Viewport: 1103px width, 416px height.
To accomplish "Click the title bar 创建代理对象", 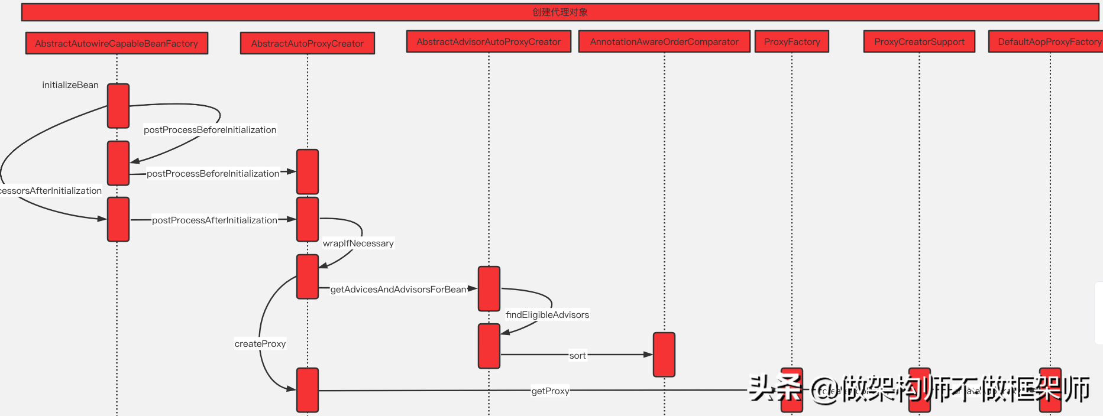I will click(x=559, y=12).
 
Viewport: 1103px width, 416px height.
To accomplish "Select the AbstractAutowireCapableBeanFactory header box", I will click(x=117, y=43).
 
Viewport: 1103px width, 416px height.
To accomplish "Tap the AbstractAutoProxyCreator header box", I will click(x=307, y=43).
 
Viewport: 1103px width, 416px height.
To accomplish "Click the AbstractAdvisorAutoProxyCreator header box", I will click(x=489, y=41).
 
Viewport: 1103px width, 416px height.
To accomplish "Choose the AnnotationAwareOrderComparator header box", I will click(x=664, y=41).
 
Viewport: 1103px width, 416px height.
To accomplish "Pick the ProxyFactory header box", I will click(x=792, y=41).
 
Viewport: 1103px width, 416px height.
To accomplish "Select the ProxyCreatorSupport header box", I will click(x=919, y=41).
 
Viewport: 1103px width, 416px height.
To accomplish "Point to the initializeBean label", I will click(x=70, y=85).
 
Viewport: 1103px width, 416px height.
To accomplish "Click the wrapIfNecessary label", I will click(x=358, y=243).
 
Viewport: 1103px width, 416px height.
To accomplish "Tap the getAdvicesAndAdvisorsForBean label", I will click(x=398, y=290).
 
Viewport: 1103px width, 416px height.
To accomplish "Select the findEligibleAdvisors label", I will click(x=547, y=315).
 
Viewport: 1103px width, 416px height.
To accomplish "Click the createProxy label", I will click(x=260, y=344).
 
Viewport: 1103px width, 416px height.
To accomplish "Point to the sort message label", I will click(x=577, y=356).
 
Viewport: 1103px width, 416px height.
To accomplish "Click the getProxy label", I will click(x=550, y=391).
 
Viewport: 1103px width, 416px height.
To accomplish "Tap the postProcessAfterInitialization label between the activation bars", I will click(x=215, y=220).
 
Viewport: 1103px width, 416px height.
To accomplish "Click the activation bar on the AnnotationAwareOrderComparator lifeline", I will click(x=664, y=355).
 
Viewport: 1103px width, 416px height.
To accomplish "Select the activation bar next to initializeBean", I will click(x=118, y=106).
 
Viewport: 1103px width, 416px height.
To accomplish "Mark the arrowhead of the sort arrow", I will click(x=648, y=355).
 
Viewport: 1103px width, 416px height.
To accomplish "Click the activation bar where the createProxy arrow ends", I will click(x=308, y=390).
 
